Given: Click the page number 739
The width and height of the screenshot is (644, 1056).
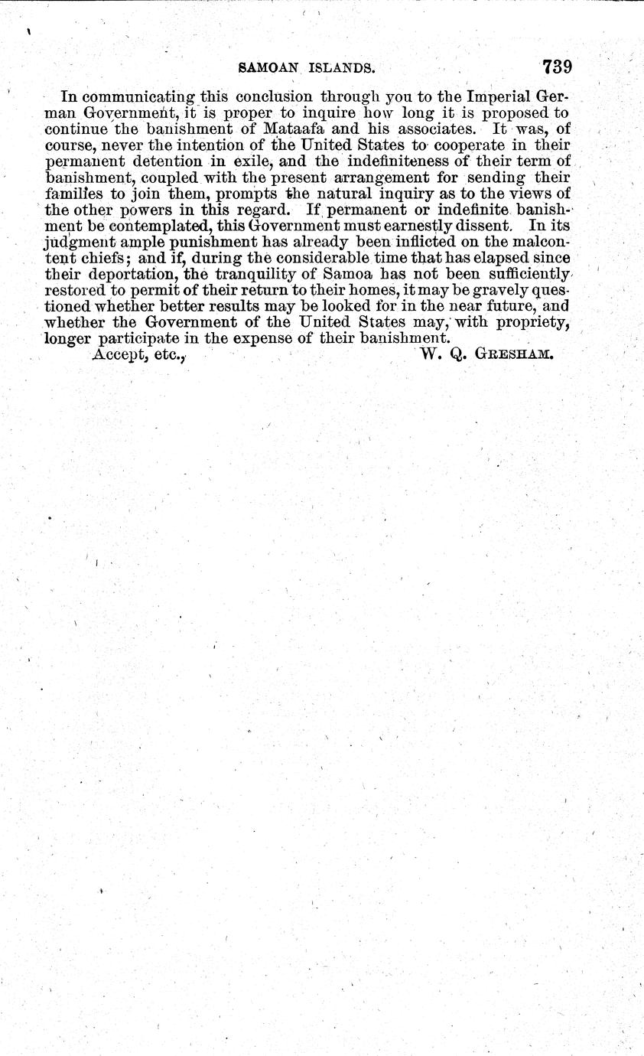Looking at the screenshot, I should [558, 67].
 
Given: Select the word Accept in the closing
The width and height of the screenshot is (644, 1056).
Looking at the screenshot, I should [116, 354].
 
